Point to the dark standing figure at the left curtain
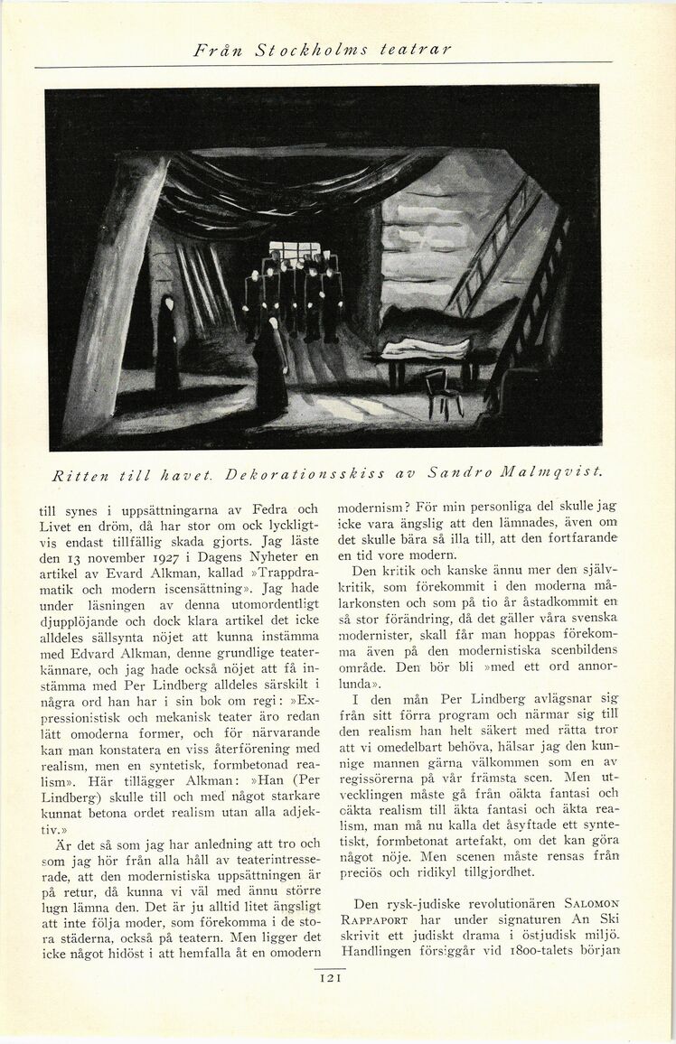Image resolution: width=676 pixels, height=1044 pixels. [x=167, y=348]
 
